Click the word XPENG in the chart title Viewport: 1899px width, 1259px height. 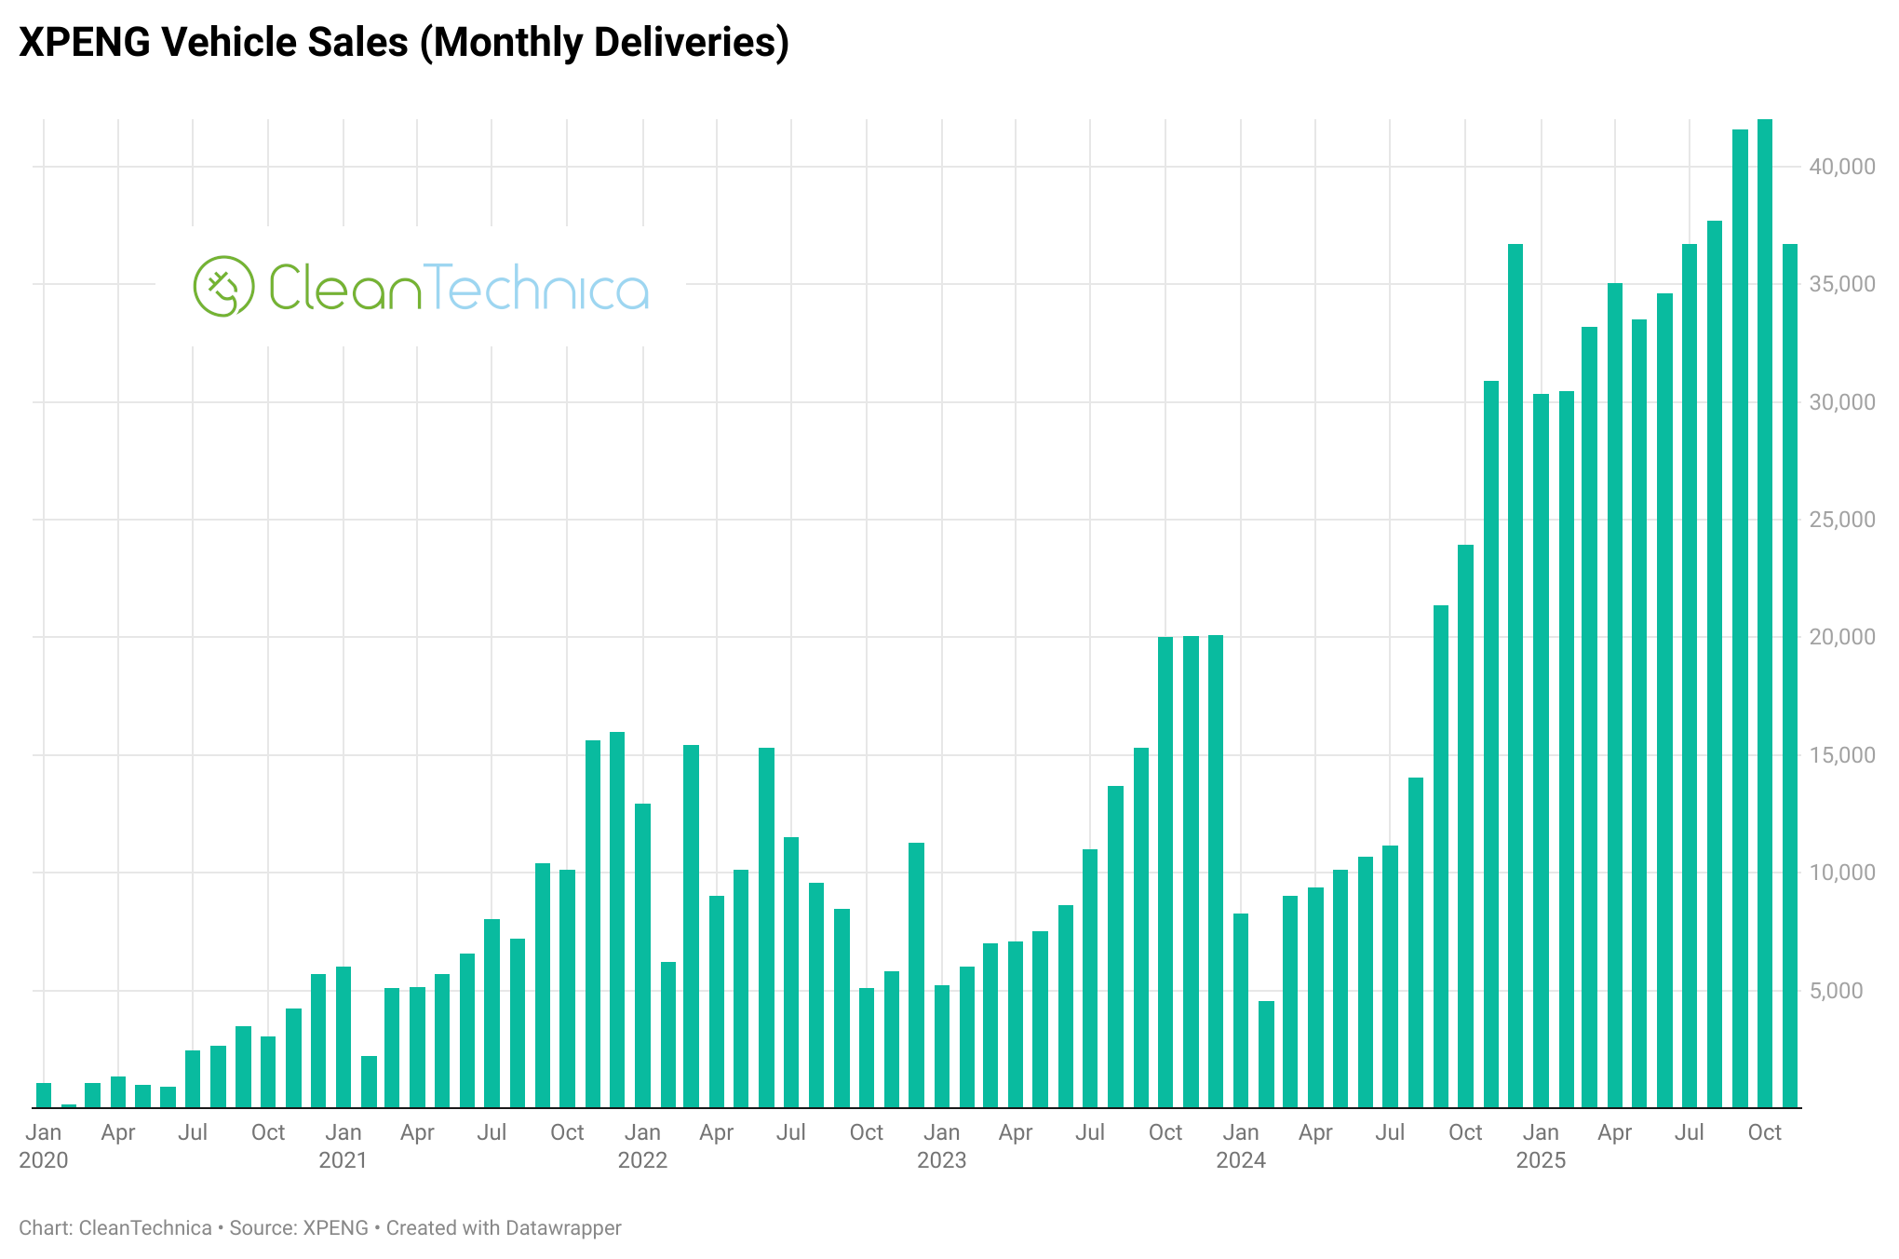tap(83, 43)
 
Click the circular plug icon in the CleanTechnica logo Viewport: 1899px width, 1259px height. tap(223, 286)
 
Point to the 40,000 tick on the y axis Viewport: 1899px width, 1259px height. tap(1841, 167)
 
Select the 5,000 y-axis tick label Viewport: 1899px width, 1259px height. tap(1841, 991)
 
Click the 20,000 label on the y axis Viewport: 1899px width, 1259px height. tap(1841, 637)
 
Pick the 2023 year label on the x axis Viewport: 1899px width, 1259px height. tap(942, 1160)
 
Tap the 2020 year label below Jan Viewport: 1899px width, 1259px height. tap(44, 1160)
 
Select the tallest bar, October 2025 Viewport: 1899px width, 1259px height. tap(1764, 615)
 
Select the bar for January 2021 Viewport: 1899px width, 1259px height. tap(343, 1037)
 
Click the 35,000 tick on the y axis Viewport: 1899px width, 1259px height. tap(1841, 284)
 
